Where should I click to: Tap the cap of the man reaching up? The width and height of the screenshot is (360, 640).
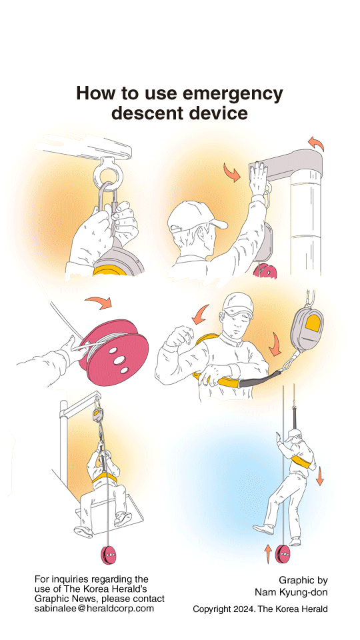(191, 217)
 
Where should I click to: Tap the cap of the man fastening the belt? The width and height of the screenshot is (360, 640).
(238, 305)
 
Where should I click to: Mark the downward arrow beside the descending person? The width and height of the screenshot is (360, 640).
(320, 475)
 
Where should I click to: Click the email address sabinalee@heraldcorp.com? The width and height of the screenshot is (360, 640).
(94, 609)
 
